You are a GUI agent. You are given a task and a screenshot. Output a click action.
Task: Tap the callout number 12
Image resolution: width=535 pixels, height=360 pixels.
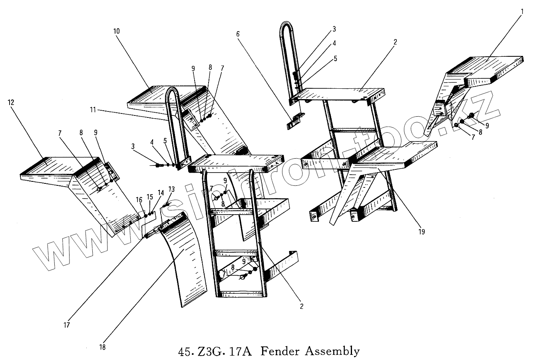[x=11, y=102]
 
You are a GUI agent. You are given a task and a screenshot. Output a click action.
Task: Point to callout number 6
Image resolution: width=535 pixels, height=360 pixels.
[x=238, y=34]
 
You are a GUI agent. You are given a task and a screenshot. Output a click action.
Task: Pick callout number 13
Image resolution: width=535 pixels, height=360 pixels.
[x=171, y=189]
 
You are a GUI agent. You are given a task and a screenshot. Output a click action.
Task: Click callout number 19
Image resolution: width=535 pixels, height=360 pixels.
[x=422, y=231]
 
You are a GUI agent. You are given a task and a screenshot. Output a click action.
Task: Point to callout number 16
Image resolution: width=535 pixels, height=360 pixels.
[x=139, y=200]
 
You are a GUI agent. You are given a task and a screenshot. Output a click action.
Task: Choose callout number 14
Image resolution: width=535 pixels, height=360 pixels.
[x=161, y=193]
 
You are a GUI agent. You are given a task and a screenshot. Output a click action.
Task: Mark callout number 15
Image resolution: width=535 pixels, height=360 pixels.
[x=150, y=197]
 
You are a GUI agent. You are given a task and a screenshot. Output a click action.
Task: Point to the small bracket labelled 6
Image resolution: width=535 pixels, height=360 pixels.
[x=295, y=120]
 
